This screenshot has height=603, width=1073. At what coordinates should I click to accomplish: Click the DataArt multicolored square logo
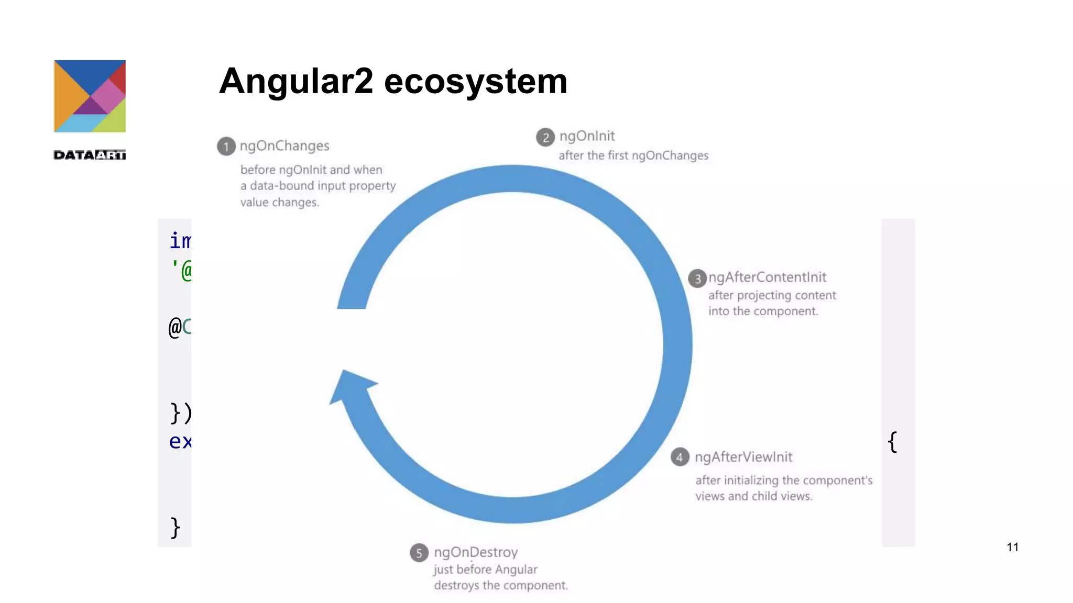pos(90,96)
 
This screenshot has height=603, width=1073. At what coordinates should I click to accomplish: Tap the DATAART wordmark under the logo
pos(90,155)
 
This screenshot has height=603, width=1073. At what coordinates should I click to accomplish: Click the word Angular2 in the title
pos(296,82)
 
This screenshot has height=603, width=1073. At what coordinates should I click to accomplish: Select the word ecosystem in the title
pos(476,82)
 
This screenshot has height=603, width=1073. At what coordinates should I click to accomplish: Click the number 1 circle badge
pos(226,147)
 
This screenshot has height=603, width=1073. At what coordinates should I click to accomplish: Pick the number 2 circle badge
pos(545,137)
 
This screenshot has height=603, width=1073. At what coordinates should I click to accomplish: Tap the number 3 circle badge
pos(697,279)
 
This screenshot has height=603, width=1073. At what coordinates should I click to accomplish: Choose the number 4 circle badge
pos(680,457)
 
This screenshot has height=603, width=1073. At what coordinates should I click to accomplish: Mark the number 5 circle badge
pos(419,553)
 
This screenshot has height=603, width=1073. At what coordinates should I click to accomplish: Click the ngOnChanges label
pos(284,146)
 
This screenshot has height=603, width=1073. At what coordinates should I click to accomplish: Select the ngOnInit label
pos(587,136)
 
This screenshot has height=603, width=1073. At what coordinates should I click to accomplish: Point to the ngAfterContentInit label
pos(767,277)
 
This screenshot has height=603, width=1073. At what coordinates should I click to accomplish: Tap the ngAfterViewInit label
pos(743,457)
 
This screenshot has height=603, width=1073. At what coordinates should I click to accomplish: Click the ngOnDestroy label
pos(476,552)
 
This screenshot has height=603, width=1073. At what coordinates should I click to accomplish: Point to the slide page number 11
pos(1012,547)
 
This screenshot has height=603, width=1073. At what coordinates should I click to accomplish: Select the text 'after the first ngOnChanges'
pos(633,155)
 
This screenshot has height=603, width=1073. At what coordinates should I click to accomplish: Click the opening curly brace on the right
pos(893,442)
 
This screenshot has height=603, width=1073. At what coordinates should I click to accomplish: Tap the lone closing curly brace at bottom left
pos(176,528)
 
